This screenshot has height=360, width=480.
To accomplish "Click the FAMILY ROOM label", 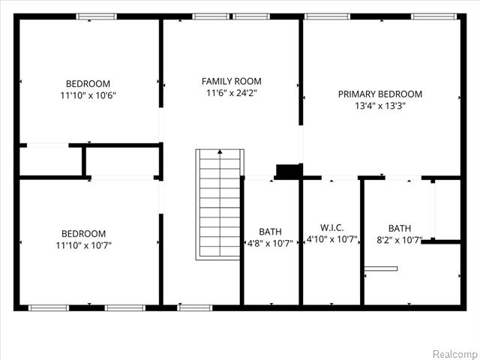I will (232, 81).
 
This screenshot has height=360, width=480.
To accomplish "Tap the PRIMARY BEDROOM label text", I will (379, 94).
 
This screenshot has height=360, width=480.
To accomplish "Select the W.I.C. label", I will (331, 226).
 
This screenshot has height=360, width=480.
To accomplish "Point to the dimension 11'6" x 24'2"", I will (232, 93).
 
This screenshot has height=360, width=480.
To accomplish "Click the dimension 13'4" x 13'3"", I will (379, 106).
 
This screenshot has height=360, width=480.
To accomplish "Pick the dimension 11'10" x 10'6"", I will (88, 95).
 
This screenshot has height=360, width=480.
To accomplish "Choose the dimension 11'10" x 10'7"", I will (83, 245).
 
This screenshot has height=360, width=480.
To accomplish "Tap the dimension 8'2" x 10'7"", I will (399, 241).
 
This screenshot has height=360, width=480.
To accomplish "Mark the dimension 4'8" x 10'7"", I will (270, 243).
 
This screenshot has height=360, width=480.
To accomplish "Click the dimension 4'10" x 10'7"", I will (331, 240).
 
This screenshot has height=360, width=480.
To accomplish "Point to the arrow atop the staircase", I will (220, 152).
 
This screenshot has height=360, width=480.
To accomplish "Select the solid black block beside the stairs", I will (288, 171).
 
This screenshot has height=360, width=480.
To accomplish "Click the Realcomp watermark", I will (456, 352).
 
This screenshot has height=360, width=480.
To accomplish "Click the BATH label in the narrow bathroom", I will (270, 231).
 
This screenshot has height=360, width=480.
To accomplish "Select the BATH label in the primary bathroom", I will (399, 228).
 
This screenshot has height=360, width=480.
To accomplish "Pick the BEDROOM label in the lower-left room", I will (83, 233).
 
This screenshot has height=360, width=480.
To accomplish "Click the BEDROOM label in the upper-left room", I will (88, 83).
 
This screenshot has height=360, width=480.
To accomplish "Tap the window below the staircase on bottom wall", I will (194, 307).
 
